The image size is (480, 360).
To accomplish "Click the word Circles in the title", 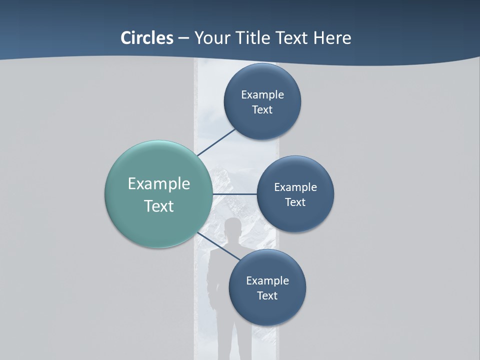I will (x=146, y=38).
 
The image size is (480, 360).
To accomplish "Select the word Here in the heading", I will (x=332, y=38).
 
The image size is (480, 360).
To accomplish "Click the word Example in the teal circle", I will (x=159, y=184).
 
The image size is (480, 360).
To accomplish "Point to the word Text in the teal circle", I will (x=159, y=206).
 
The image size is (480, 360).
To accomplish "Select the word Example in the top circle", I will (x=262, y=94).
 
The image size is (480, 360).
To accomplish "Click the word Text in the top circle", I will (x=262, y=109).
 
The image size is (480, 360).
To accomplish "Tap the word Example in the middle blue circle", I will (x=295, y=187).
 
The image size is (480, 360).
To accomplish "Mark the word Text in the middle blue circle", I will (x=295, y=202).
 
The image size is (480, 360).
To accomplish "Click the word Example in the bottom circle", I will (x=267, y=280).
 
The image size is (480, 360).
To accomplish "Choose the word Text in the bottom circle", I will (x=267, y=295).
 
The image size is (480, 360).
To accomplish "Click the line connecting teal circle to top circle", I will (x=216, y=142).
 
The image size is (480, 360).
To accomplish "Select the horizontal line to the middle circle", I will (x=234, y=194).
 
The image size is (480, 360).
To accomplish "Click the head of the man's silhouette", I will (x=232, y=228).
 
